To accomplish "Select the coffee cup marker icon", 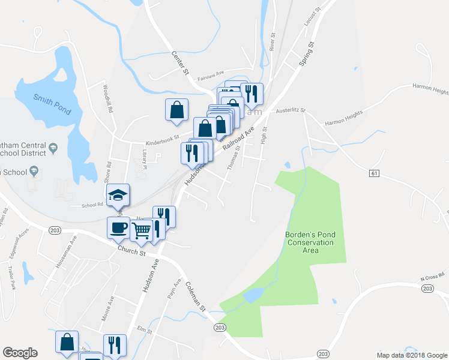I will pos(118,227).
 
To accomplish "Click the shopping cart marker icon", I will pos(141,229).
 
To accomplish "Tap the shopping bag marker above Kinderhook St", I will pos(176,109).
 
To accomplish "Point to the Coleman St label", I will pos(195,296).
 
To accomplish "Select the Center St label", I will pos(180,62).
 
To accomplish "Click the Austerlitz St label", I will pos(291,111).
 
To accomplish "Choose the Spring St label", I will pos(307,53).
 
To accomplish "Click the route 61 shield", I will pos(375,173).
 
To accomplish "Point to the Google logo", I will pos(20,353).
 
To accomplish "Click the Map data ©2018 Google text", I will pos(411,355).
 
